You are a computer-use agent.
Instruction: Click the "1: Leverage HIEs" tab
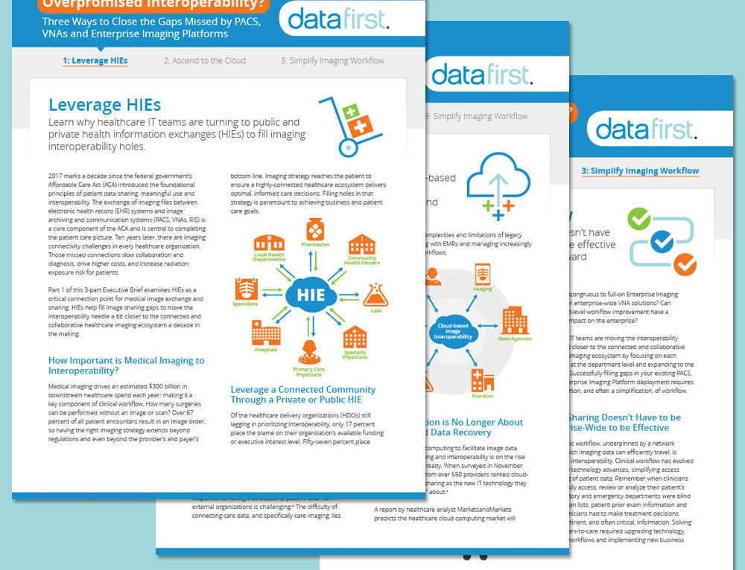click(95, 60)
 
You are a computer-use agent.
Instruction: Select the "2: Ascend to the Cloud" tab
click(205, 60)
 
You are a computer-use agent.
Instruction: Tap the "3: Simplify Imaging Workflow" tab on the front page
click(332, 60)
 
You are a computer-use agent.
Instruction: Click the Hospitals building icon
click(266, 336)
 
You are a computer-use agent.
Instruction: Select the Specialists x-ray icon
click(245, 288)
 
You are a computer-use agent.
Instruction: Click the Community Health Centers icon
click(362, 244)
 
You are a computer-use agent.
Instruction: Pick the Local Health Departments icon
click(270, 243)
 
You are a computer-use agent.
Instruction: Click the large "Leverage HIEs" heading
click(104, 105)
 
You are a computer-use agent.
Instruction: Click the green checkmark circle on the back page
click(639, 219)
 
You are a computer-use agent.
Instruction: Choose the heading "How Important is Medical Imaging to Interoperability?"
click(126, 365)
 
